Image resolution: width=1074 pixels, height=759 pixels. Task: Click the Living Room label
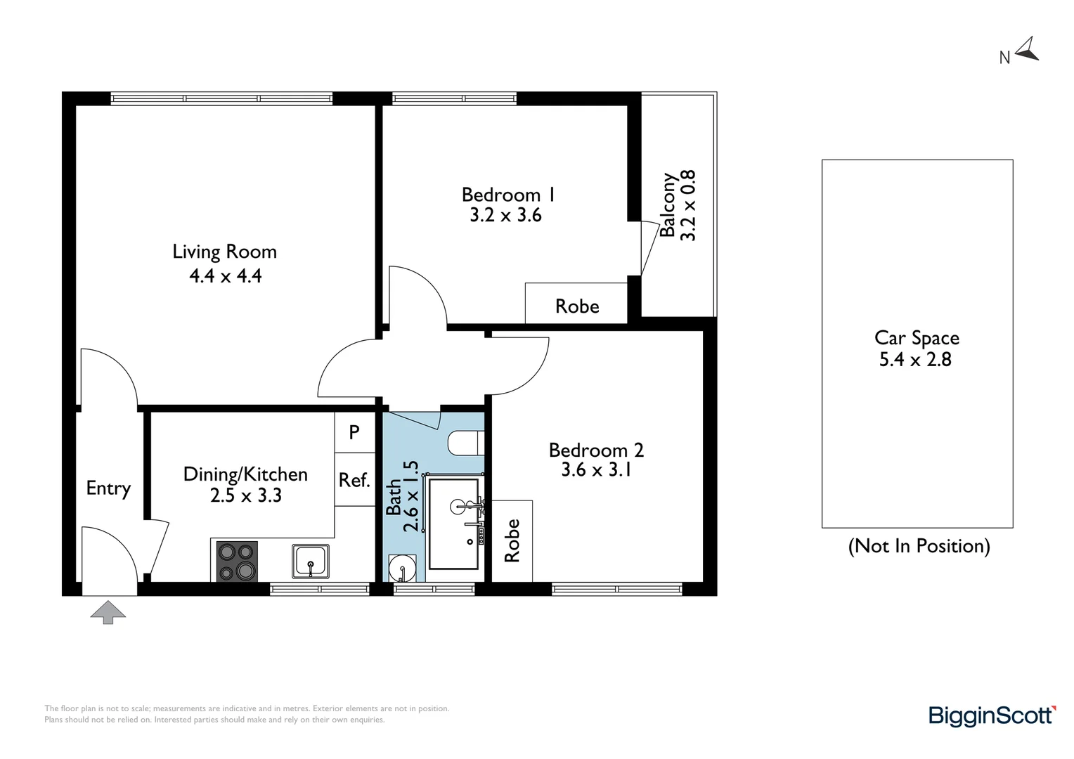224,252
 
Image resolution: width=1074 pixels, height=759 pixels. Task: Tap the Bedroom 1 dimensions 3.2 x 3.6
505,215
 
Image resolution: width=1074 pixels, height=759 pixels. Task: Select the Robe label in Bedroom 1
577,306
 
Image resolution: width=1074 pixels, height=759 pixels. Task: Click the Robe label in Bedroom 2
512,540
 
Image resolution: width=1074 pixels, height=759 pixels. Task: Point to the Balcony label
668,205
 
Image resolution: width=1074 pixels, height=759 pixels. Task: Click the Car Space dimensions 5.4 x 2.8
915,360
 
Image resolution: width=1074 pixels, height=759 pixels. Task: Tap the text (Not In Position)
919,546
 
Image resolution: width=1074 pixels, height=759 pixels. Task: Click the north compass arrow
1028,49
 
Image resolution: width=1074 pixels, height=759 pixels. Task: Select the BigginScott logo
992,715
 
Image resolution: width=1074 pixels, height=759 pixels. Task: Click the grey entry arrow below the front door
108,612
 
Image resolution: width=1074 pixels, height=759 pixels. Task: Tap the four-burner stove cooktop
237,561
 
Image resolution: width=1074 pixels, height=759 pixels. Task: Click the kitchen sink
310,561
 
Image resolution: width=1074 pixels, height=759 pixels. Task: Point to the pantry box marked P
354,432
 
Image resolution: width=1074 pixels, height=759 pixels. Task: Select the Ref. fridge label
354,480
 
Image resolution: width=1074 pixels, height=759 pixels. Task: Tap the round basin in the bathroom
402,567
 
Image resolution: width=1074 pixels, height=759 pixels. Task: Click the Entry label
108,488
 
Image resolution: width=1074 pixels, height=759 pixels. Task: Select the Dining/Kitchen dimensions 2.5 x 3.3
245,495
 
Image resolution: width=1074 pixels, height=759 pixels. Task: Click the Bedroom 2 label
596,450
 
